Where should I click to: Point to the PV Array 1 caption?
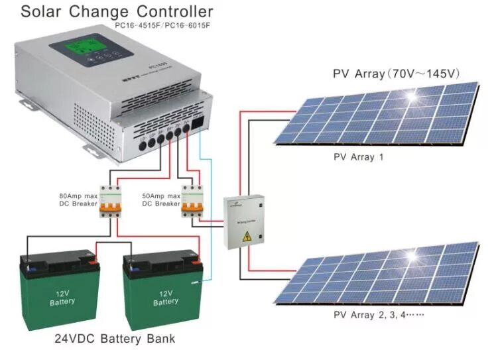click(359, 158)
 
